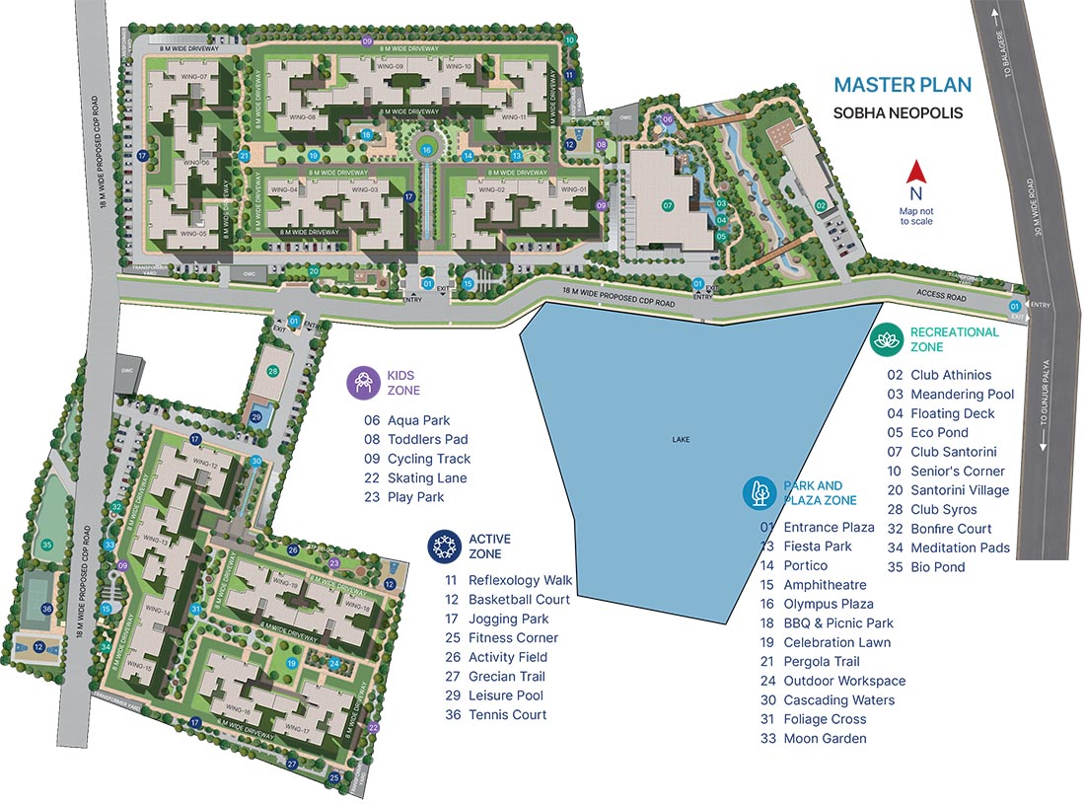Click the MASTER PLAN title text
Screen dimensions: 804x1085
tap(902, 86)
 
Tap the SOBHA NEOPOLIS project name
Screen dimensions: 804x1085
tap(898, 113)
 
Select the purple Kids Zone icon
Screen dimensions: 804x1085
tap(364, 383)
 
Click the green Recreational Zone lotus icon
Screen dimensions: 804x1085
tap(885, 339)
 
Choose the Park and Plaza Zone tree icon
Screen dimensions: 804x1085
tap(759, 492)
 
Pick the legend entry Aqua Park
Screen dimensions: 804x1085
tap(418, 420)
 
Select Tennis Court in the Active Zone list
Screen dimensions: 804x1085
tap(507, 714)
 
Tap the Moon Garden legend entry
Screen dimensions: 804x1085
tap(825, 738)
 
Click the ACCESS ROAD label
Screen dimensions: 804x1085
tap(940, 296)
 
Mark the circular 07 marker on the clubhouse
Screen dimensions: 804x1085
tap(668, 206)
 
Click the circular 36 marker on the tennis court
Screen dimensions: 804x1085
tap(46, 609)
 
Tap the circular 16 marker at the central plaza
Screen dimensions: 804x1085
tap(426, 150)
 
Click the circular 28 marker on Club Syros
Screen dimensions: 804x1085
tap(273, 371)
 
